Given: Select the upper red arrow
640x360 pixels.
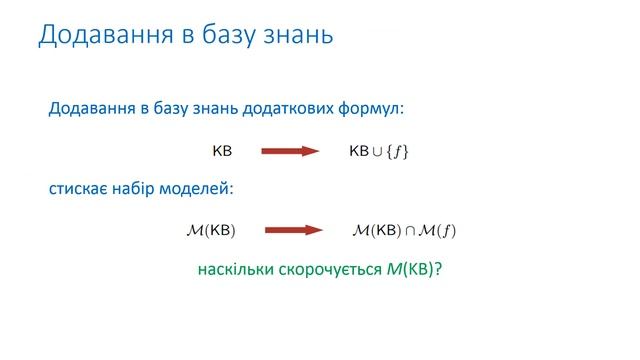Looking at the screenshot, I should coord(290,151).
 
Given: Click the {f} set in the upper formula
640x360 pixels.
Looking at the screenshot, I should coord(399,152).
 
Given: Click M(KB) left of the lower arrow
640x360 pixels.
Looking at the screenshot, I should coord(211,231).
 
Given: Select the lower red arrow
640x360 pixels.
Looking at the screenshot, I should coord(291,231).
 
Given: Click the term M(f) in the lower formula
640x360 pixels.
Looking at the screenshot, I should coord(437,231).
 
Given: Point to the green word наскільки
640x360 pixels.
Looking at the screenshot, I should coord(234,270).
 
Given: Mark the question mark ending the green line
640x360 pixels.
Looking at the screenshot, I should coord(438,270).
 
